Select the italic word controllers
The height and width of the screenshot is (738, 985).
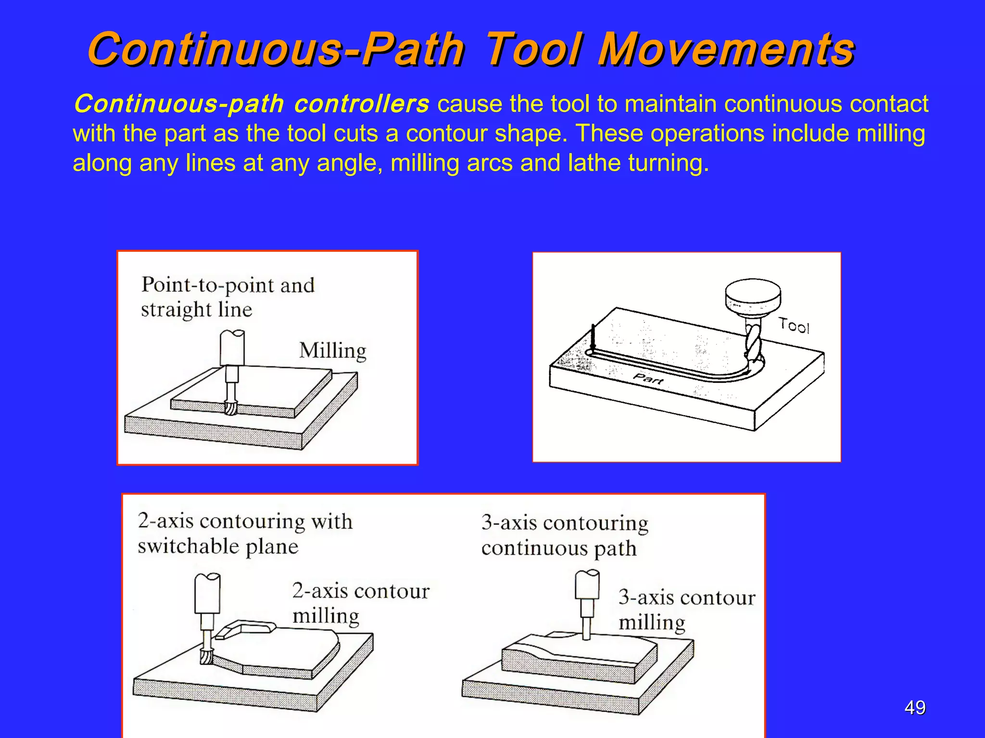click(361, 104)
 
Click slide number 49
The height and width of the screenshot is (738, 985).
click(914, 708)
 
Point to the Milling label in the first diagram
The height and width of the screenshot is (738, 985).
click(332, 351)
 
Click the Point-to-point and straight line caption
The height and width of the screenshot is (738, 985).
click(227, 297)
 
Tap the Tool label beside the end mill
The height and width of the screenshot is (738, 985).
click(794, 326)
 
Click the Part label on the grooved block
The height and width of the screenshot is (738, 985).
click(648, 379)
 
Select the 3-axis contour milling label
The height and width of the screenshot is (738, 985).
click(686, 610)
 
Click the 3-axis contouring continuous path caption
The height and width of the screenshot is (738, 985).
click(564, 535)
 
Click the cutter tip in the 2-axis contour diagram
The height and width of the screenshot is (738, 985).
click(206, 656)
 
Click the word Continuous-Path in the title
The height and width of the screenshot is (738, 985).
click(276, 49)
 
